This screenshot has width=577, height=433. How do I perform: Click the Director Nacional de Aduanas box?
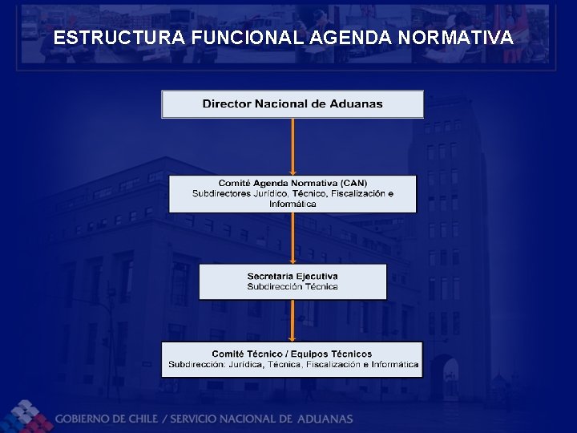coord(293,104)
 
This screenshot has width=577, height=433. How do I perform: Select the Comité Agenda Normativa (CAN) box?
coord(293,194)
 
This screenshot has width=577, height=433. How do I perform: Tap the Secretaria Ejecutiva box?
coord(293,281)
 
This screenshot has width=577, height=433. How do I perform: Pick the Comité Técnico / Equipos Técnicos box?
coord(293,359)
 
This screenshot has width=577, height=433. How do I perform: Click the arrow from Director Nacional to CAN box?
coord(293,147)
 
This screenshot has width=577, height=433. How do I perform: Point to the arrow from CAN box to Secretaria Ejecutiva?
coord(293,237)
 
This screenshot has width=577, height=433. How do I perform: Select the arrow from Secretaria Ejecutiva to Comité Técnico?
coord(293,320)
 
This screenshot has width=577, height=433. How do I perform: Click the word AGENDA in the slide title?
coord(349,38)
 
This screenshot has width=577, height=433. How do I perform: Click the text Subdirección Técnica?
coord(293,286)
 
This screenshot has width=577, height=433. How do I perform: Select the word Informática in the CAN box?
coord(293,204)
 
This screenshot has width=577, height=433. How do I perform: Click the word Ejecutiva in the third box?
coord(316,277)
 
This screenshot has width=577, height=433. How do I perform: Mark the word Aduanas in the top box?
coord(359,103)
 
